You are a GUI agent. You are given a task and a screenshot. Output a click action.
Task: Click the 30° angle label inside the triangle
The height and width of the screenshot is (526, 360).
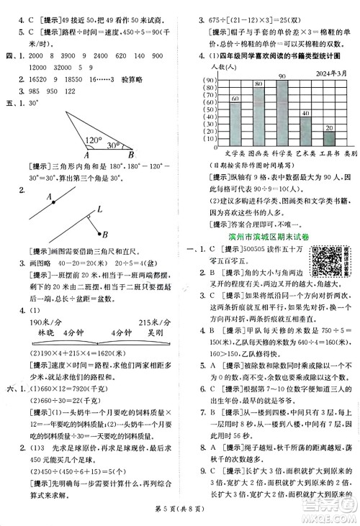pos(114,145)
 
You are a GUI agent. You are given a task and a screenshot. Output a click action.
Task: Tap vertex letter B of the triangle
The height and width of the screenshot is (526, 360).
pos(130,154)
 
